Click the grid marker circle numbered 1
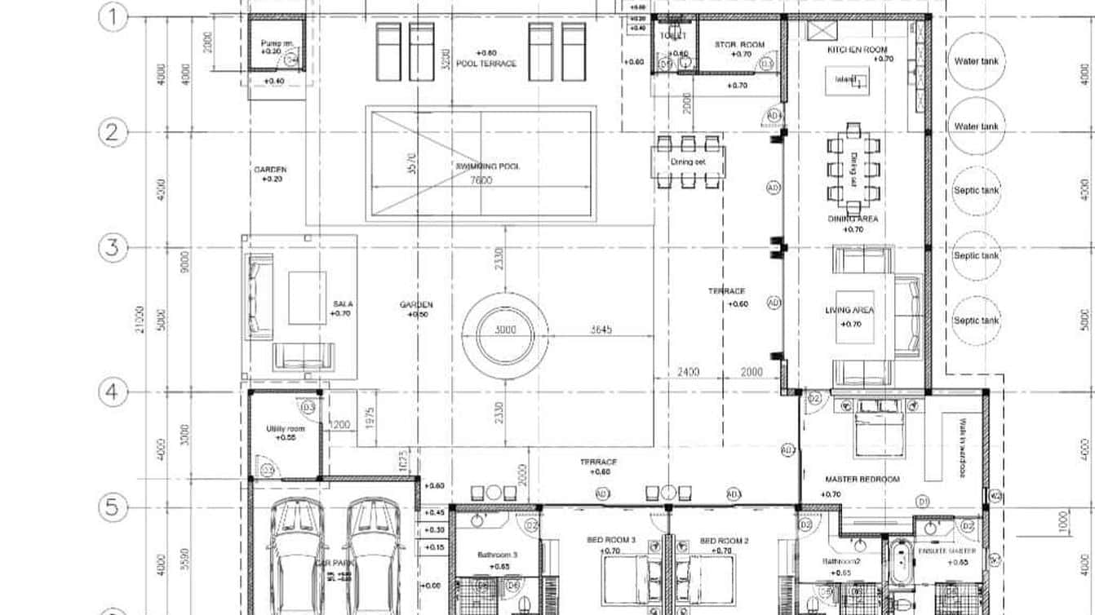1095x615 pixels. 113,17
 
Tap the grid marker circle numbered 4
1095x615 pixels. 113,392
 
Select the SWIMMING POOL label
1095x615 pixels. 487,166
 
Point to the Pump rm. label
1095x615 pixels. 275,44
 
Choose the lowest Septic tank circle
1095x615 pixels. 977,321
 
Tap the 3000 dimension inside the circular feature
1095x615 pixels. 504,330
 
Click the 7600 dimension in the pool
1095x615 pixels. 481,180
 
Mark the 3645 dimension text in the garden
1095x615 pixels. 602,330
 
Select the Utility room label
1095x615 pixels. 286,429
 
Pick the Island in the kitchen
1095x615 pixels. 846,80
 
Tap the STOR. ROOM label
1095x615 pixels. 739,44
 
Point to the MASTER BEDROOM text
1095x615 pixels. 862,480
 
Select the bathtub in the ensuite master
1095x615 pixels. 900,563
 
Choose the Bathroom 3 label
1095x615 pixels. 497,555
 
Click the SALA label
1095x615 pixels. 343,303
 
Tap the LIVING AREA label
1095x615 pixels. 849,311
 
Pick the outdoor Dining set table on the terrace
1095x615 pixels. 688,161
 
